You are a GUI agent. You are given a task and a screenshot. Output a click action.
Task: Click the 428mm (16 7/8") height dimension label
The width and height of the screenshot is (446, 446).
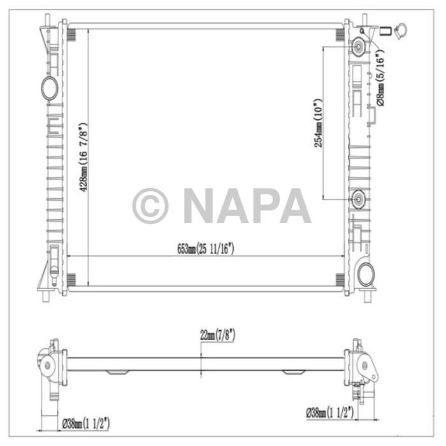(82, 154)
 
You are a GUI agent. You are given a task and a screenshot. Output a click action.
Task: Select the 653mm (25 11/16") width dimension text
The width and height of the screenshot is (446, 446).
(206, 249)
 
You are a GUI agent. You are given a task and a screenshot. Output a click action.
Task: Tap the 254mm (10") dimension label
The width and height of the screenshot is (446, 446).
(319, 122)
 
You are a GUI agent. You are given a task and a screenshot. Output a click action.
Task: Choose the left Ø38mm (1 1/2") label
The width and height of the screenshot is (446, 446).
(85, 421)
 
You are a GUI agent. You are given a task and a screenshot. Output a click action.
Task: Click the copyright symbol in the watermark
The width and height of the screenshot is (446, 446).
(150, 205)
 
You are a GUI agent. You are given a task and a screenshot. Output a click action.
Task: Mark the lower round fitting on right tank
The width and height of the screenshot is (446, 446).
(359, 199)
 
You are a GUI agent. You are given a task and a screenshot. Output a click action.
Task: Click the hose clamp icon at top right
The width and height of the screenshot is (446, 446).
(403, 29)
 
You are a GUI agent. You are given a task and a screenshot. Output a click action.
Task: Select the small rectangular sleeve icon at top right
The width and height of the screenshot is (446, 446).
(385, 29)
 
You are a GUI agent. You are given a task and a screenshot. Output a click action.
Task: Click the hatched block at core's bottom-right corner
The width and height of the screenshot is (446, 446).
(340, 279)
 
